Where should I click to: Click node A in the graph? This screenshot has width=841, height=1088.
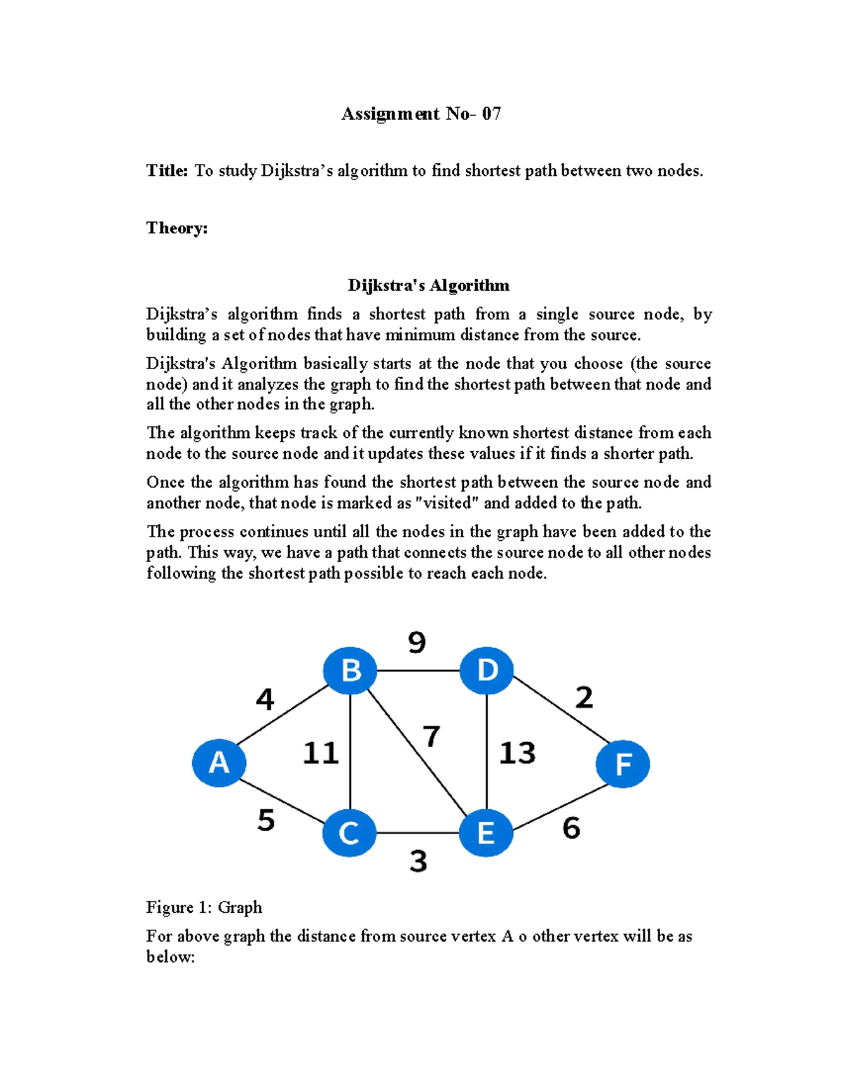pos(219,763)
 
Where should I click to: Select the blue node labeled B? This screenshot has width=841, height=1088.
pos(350,670)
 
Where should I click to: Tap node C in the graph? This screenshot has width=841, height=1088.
pos(349,833)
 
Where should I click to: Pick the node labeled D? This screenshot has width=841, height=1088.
pos(486,670)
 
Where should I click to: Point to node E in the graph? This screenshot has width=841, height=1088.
pos(486,833)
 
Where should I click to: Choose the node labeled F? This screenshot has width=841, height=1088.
pos(622,764)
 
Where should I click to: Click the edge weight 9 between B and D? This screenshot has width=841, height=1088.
pos(417,642)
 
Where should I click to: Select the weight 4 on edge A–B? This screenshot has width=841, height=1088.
pos(265,699)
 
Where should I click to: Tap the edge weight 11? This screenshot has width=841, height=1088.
pos(320,753)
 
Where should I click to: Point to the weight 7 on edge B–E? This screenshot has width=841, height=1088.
pos(432,736)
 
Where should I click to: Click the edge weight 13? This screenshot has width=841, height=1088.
pos(517,753)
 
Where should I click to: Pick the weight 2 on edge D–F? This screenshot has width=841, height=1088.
pos(584,697)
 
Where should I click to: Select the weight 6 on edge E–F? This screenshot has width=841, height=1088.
pos(571,828)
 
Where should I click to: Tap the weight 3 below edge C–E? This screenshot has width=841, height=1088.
pos(418,861)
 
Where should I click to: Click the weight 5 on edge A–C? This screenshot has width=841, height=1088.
pos(266,820)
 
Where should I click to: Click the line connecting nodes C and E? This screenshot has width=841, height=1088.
pos(418,833)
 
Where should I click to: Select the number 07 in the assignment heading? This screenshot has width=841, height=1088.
pos(491,114)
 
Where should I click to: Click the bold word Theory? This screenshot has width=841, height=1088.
pos(177,228)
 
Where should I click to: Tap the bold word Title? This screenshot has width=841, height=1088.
pos(167,171)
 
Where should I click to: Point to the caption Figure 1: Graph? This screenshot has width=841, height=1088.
pos(204,907)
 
